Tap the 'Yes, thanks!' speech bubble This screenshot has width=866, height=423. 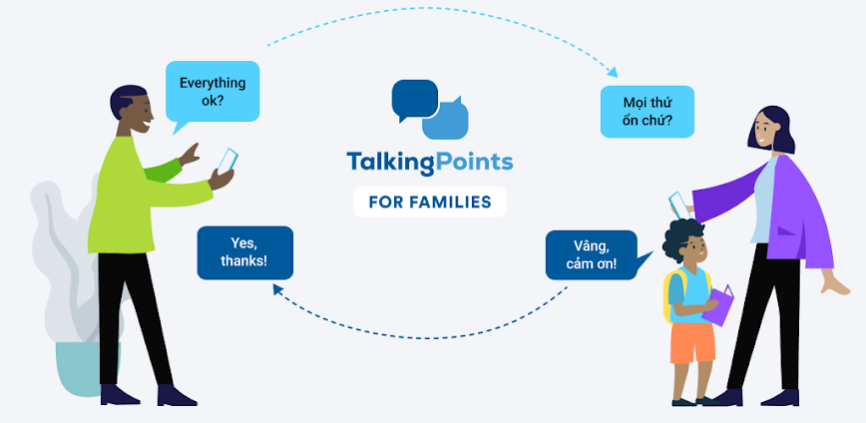click(x=244, y=252)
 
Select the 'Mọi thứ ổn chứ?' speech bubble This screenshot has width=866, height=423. click(x=648, y=111)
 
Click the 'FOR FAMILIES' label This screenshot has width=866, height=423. click(x=429, y=201)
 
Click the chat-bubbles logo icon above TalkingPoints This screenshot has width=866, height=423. click(x=429, y=109)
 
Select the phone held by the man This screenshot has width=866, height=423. click(x=226, y=161)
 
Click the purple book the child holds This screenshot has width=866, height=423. click(x=719, y=304)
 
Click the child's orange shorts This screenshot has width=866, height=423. click(x=692, y=342)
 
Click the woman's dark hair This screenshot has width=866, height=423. click(x=778, y=130)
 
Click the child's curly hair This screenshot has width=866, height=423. click(x=684, y=234)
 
